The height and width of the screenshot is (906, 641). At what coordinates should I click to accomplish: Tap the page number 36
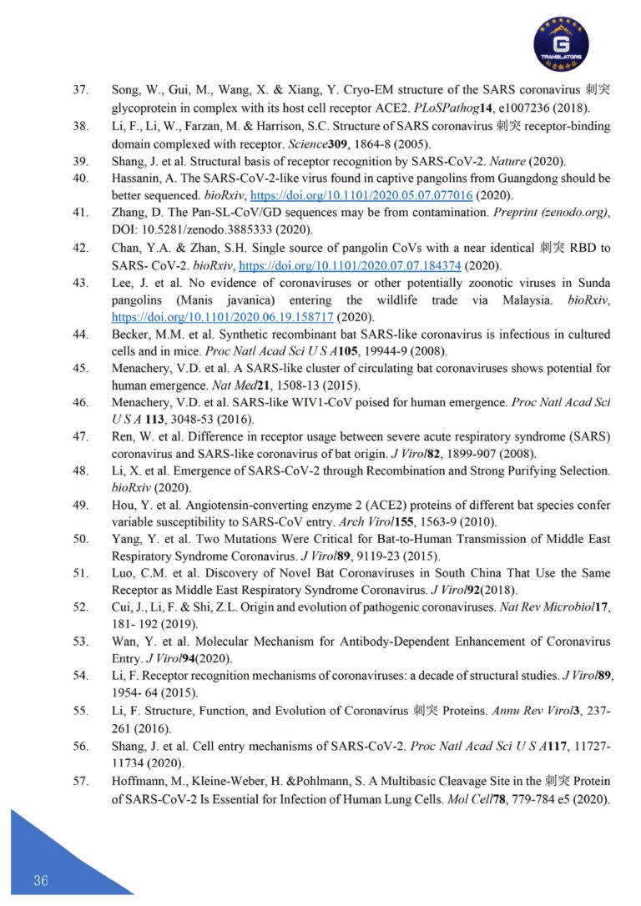pyautogui.click(x=41, y=881)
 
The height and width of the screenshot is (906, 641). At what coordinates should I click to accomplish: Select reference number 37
pyautogui.click(x=81, y=89)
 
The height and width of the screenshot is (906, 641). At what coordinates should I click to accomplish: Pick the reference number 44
pyautogui.click(x=81, y=335)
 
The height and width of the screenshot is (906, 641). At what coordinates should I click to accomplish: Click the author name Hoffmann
pyautogui.click(x=140, y=781)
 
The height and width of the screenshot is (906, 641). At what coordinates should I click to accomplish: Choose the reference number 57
pyautogui.click(x=81, y=781)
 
